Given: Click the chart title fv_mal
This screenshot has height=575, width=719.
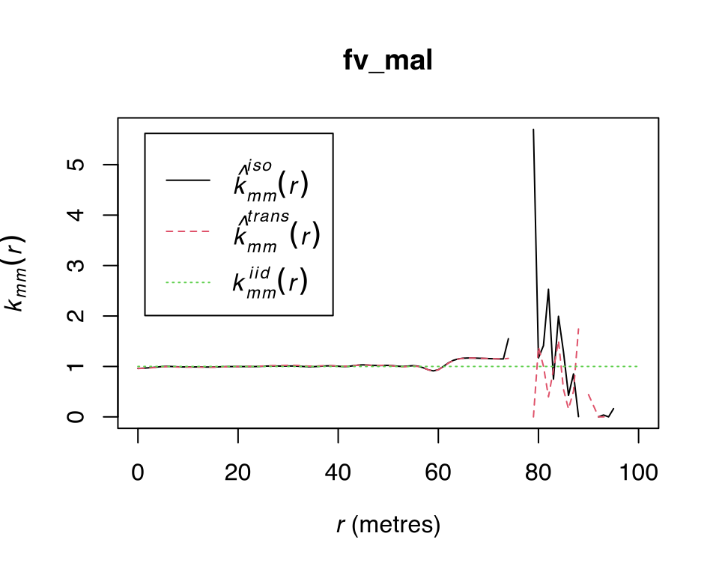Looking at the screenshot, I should coord(387,61).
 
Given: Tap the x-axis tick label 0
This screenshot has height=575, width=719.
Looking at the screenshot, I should coord(138,473).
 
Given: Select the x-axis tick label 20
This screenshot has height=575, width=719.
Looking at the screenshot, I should coord(238,473).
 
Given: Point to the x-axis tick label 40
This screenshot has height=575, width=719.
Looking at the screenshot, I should coord(338,473).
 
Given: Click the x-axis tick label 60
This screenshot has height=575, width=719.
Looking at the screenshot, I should coord(438,473).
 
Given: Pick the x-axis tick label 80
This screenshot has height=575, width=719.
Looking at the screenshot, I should coord(538,473).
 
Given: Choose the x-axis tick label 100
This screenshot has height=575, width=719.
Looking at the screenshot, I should coord(638,473).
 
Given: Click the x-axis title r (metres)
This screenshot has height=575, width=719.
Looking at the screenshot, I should coord(387,526).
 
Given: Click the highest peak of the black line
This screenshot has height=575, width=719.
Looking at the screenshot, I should coord(533,130).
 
